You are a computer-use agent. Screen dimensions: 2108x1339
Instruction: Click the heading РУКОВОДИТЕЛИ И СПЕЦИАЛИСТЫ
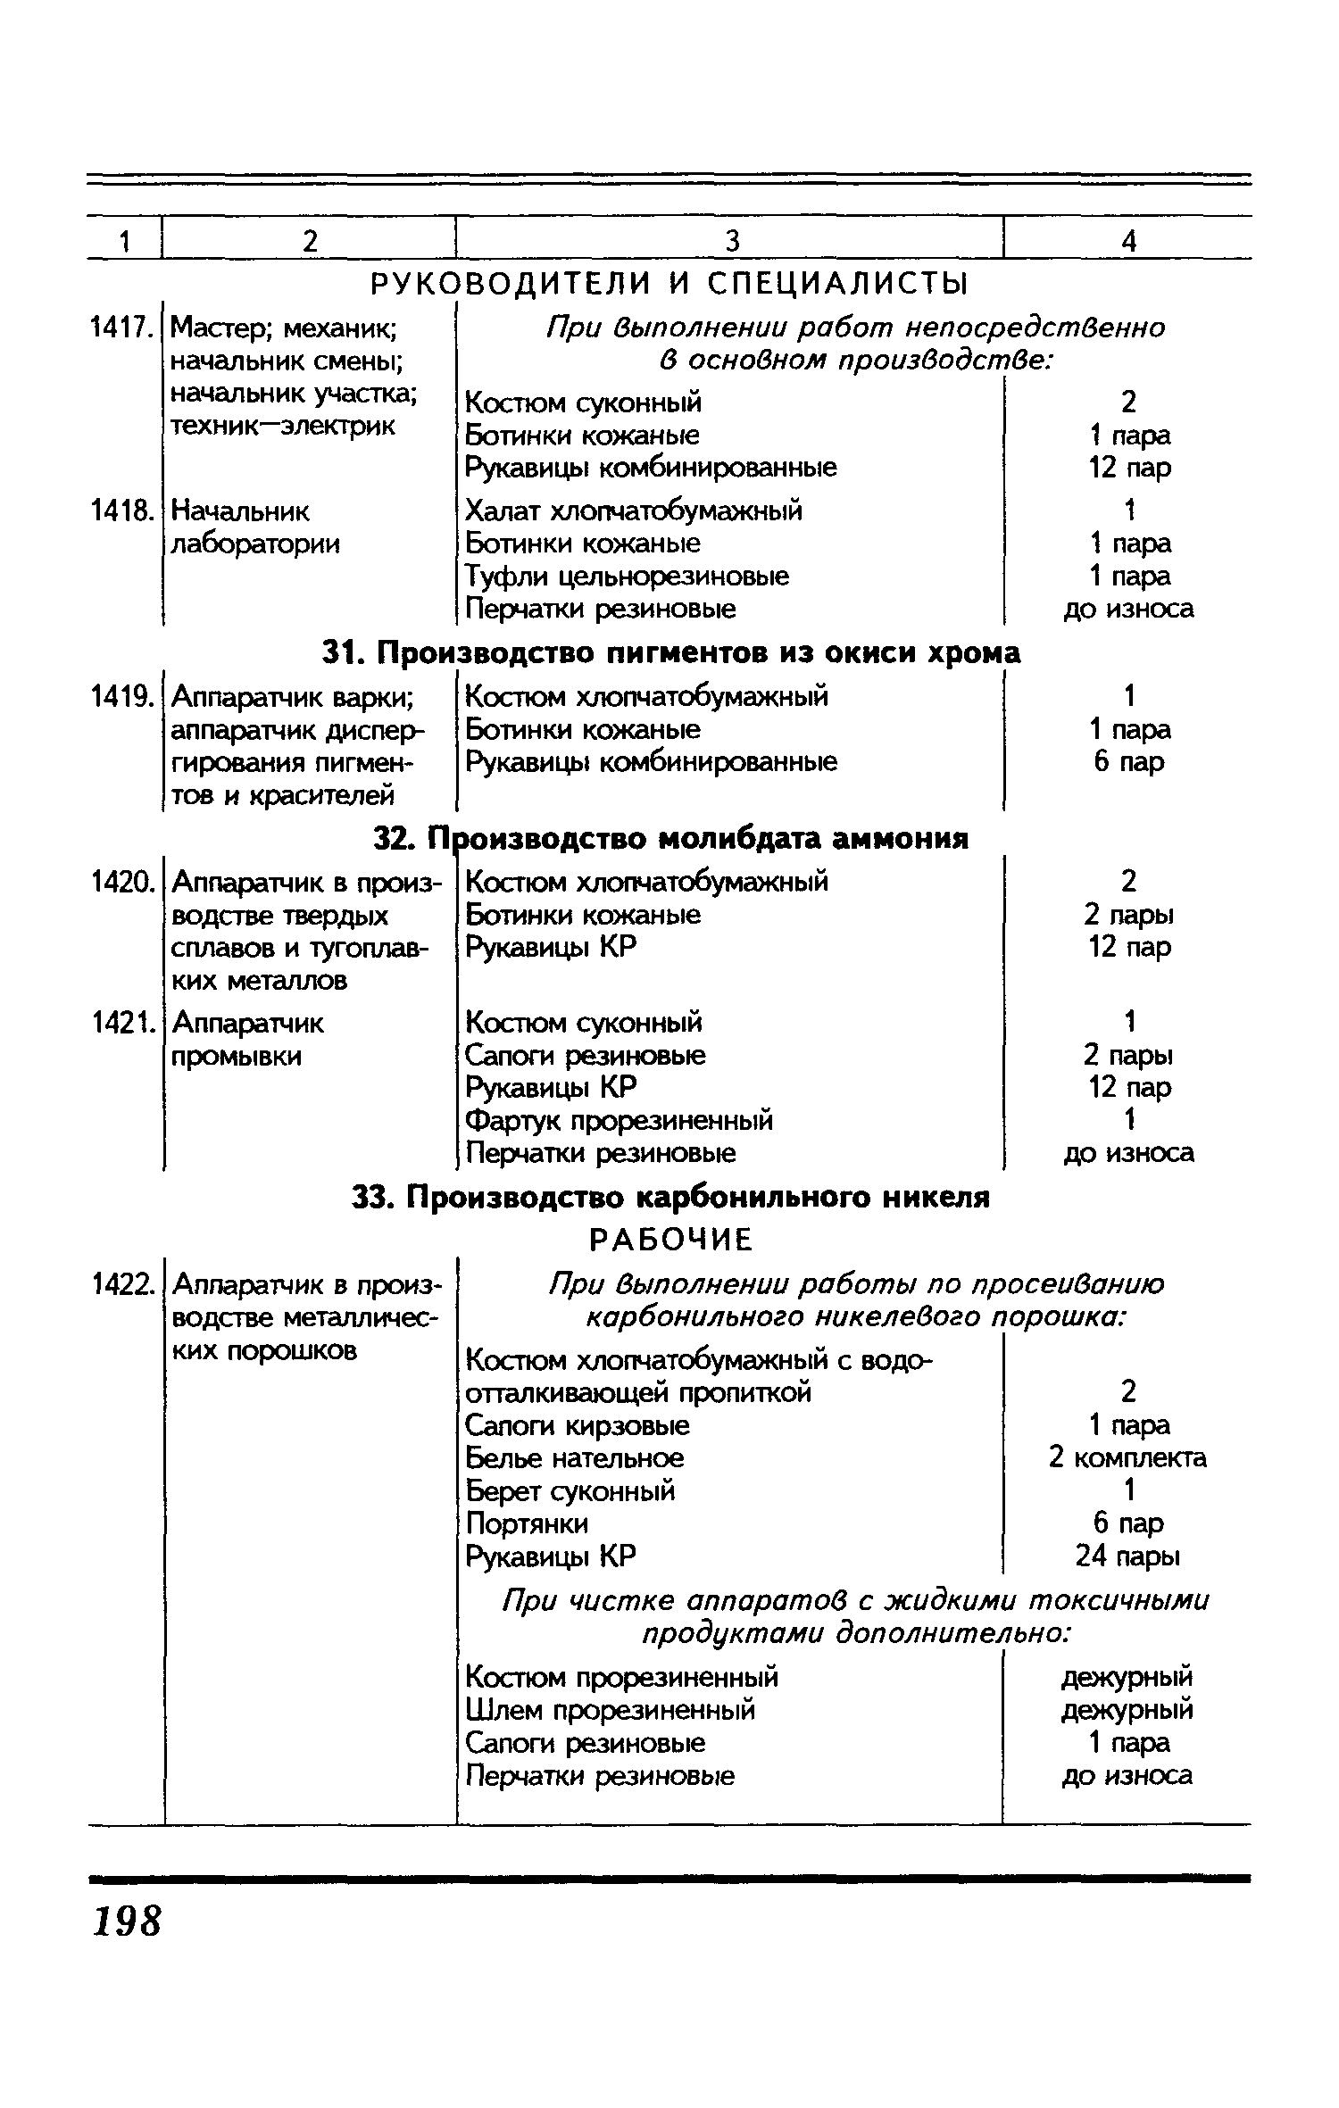(669, 285)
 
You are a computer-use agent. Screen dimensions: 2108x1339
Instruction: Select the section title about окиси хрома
(670, 653)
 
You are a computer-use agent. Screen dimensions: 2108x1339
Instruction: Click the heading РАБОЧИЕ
(670, 1240)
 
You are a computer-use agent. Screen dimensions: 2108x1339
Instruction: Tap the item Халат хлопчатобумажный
(633, 510)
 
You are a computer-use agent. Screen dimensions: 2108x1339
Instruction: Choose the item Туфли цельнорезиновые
(627, 577)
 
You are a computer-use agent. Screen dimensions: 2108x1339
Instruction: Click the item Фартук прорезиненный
(619, 1120)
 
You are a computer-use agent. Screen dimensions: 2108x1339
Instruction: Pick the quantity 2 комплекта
(1127, 1458)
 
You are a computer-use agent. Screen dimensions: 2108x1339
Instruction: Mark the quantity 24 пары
(1127, 1556)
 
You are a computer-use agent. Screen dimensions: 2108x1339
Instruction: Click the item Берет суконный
(570, 1490)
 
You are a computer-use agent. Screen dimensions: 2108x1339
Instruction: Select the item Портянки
(527, 1523)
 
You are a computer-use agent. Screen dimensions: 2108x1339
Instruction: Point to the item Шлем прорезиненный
(611, 1710)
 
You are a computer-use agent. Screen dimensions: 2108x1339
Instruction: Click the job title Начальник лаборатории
(255, 527)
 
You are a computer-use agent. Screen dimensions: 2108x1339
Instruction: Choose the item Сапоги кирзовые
(578, 1425)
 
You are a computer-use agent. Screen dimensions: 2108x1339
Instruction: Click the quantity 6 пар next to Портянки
(1128, 1523)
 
